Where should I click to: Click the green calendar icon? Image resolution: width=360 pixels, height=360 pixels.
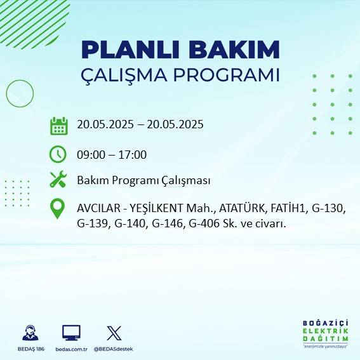[58, 126]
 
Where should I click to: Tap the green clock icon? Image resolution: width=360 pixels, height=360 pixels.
[58, 154]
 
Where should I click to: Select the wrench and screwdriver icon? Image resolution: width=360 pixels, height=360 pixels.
[58, 180]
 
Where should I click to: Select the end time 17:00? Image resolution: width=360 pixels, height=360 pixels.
[133, 154]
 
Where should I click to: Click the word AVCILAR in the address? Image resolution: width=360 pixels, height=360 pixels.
[98, 208]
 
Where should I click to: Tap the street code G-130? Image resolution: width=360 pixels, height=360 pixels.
[337, 208]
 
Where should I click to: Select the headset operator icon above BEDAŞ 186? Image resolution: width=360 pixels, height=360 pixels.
[29, 333]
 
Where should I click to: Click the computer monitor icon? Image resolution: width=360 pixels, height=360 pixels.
[70, 333]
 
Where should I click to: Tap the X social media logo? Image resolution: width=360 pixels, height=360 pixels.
[114, 333]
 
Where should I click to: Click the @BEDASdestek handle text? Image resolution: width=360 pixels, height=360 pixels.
[114, 349]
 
